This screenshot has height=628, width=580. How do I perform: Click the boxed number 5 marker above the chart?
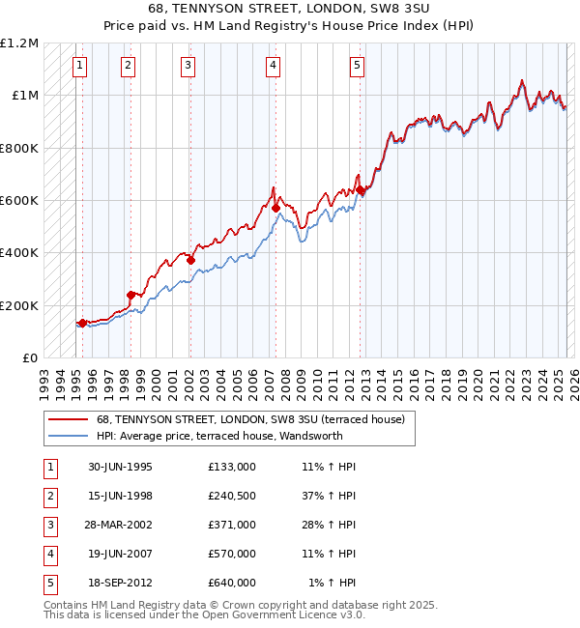tap(358, 66)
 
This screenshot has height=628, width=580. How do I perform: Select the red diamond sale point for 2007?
tap(275, 208)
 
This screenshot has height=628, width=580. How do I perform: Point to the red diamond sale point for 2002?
tap(190, 260)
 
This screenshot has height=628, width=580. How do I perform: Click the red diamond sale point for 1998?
tap(130, 295)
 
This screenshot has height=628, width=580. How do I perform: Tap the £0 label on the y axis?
tap(31, 358)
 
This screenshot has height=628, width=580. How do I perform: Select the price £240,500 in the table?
tap(231, 496)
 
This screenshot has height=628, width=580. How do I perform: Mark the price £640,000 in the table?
tap(231, 583)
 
